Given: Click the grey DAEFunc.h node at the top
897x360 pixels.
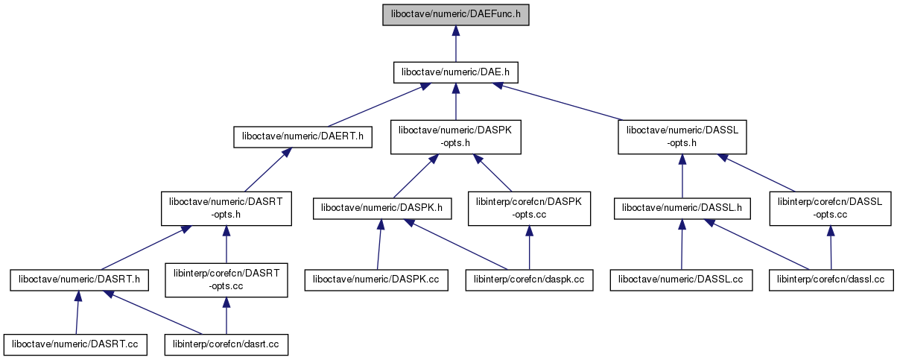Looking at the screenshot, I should (x=455, y=14).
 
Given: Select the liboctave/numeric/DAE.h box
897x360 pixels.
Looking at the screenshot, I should (x=455, y=72).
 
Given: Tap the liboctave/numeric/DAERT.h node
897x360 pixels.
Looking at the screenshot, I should (x=302, y=136).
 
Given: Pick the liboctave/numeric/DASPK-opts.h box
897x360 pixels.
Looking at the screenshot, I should (x=455, y=136).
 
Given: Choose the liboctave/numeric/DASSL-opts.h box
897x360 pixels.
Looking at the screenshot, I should (x=682, y=136).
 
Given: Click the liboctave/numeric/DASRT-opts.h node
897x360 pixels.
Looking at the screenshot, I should (x=226, y=208).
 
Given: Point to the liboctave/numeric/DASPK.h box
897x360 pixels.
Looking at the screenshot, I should (x=382, y=208).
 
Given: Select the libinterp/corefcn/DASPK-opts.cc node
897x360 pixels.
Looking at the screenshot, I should (x=529, y=208).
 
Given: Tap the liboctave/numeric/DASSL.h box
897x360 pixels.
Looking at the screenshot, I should (x=682, y=208).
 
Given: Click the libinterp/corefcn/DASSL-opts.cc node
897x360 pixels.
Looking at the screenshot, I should (x=830, y=208).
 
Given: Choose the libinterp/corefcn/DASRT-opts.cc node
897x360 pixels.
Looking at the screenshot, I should (x=226, y=280).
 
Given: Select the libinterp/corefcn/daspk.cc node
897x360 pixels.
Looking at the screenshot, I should (x=530, y=280).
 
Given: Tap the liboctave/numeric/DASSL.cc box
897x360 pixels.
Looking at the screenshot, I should (x=681, y=280).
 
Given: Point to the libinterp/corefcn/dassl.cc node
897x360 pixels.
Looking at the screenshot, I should (x=831, y=280).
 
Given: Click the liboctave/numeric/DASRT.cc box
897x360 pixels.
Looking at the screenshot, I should (x=75, y=344).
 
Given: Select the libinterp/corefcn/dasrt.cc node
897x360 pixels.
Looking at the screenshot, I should (x=226, y=344).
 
